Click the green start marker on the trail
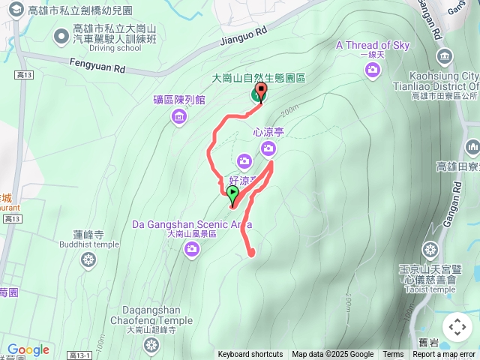click(x=232, y=195)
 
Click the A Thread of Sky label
click(x=373, y=45)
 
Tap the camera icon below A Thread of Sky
click(x=373, y=70)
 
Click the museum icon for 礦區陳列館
click(x=178, y=116)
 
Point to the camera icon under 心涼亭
click(x=268, y=149)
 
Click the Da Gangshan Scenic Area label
click(x=191, y=223)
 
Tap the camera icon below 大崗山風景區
click(x=192, y=250)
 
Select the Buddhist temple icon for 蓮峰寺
click(x=89, y=260)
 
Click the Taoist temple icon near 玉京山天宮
click(x=430, y=250)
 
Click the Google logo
click(x=28, y=350)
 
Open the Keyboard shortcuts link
click(x=250, y=355)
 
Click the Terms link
click(x=393, y=355)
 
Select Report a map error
click(x=444, y=355)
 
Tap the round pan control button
click(x=457, y=327)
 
